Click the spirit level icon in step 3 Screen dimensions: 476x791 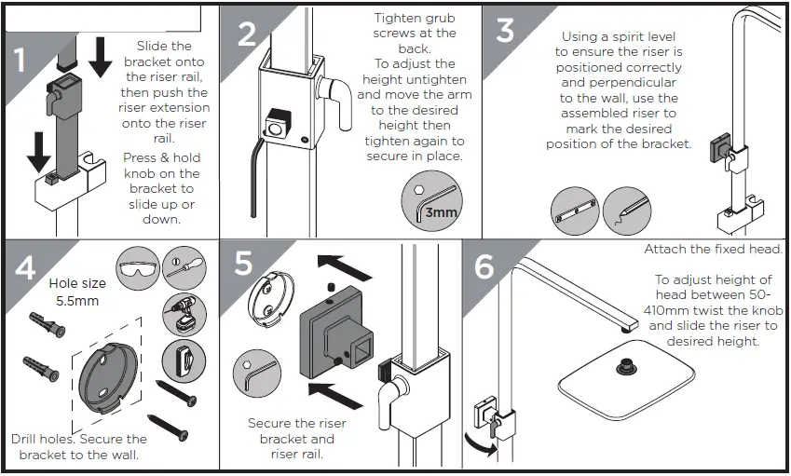click(572, 211)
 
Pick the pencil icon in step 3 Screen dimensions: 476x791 click(623, 211)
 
